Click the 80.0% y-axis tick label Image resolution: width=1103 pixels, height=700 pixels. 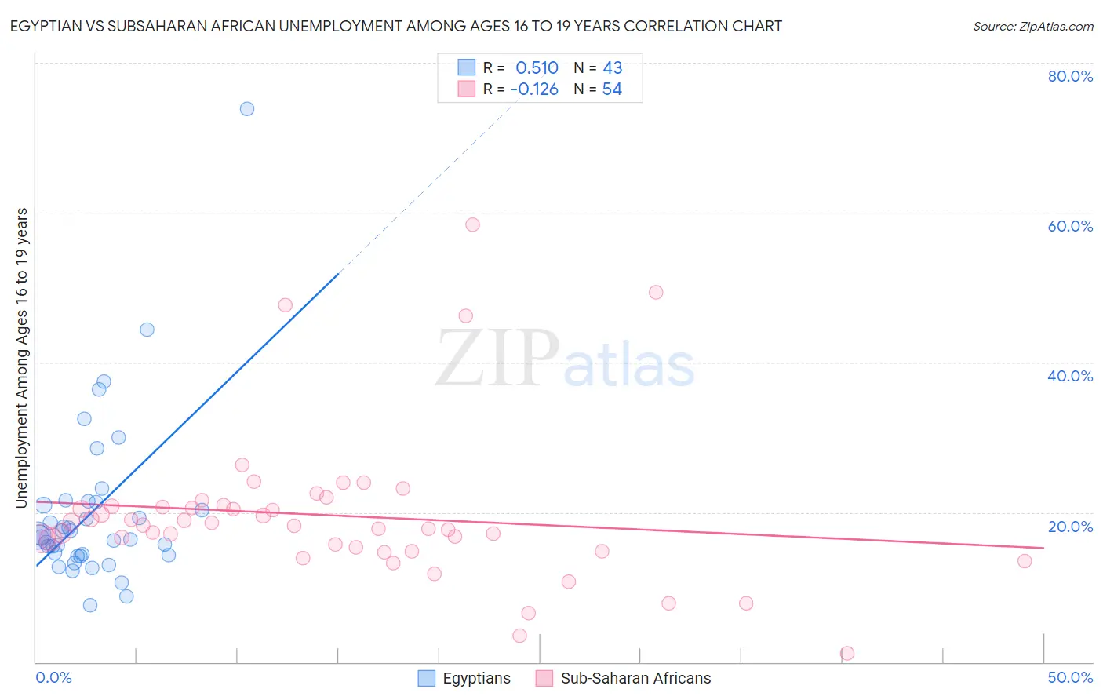(x=1069, y=76)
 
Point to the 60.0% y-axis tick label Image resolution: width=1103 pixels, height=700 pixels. (x=1069, y=226)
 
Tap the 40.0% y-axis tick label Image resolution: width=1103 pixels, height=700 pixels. (x=1069, y=376)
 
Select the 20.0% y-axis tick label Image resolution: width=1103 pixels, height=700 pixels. (x=1069, y=527)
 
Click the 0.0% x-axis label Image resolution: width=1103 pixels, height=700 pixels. (x=53, y=677)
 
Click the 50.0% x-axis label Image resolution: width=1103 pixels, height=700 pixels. (x=1069, y=677)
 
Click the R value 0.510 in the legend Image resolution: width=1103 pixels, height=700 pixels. (x=537, y=67)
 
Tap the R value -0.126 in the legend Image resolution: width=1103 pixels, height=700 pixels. (x=534, y=89)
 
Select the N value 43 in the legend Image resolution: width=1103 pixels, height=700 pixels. (x=612, y=67)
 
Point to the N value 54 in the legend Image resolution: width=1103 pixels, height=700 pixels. (x=612, y=89)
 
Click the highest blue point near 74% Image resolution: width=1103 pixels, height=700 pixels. (x=247, y=109)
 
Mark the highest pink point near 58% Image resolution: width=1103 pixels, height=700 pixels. (x=472, y=224)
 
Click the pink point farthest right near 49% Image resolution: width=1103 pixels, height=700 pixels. (x=1025, y=561)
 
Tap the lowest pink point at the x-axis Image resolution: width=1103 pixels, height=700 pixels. (x=847, y=653)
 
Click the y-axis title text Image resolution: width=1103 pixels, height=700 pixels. (x=22, y=358)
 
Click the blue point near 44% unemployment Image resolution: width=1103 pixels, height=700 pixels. (x=147, y=330)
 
